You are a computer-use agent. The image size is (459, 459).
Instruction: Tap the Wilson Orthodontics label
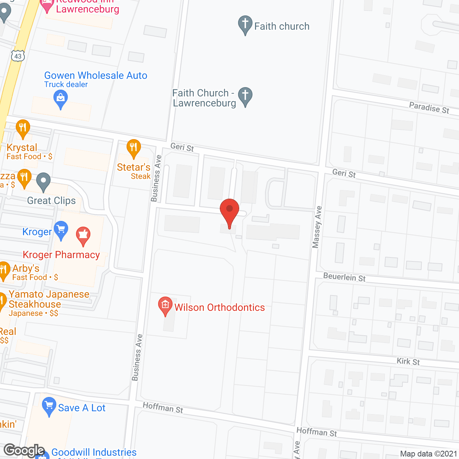(219, 308)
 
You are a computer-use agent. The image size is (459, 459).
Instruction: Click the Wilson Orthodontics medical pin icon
(165, 306)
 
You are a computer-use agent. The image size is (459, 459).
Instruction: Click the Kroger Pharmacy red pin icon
(83, 235)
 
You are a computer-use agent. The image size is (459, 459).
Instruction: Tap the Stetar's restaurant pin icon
(133, 148)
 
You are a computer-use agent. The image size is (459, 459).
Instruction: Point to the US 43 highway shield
(18, 56)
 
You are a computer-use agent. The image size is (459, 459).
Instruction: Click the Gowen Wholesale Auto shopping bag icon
(61, 98)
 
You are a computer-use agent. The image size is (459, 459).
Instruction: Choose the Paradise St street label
(429, 108)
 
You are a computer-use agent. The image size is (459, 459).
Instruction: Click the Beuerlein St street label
(344, 277)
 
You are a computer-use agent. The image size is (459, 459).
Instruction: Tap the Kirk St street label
(408, 361)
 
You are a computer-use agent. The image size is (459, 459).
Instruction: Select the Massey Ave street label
(317, 227)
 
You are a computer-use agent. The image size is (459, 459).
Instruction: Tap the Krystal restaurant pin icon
(23, 128)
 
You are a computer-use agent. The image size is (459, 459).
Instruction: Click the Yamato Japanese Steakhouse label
(49, 299)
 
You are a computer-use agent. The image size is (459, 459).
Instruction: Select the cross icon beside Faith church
(245, 24)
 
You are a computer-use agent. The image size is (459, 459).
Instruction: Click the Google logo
(24, 450)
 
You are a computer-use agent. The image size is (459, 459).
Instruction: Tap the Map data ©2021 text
(429, 454)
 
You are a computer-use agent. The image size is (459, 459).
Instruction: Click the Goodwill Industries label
(94, 453)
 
